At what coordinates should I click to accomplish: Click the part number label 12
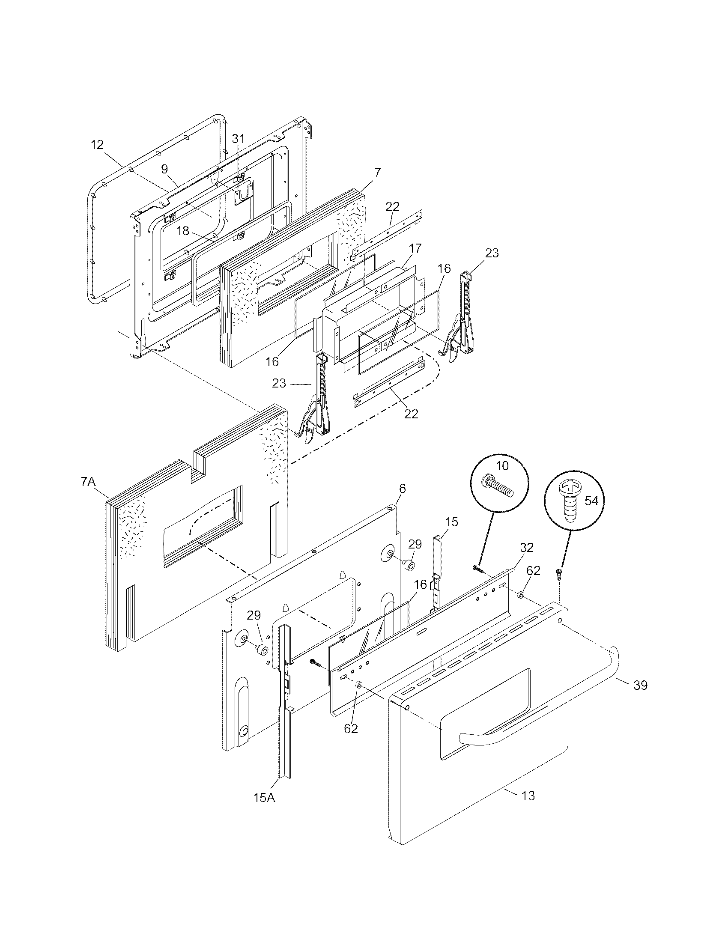pos(98,145)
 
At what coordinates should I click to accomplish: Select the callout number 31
pos(238,138)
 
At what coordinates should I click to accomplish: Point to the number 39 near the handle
pos(641,686)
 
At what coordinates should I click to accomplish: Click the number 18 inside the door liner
pos(183,231)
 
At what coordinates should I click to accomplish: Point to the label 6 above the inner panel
pos(403,489)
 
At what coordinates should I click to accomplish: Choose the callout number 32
pos(527,547)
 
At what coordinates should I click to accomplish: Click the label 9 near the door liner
pos(164,169)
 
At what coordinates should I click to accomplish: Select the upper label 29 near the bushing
pos(415,544)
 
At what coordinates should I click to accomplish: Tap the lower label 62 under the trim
pos(351,728)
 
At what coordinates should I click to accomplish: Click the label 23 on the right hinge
pos(492,253)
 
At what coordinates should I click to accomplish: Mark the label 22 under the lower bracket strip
pos(412,414)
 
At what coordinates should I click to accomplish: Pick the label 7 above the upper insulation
pos(377,173)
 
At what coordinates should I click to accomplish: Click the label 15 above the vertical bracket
pos(451,522)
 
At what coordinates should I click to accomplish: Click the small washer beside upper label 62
pos(521,596)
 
